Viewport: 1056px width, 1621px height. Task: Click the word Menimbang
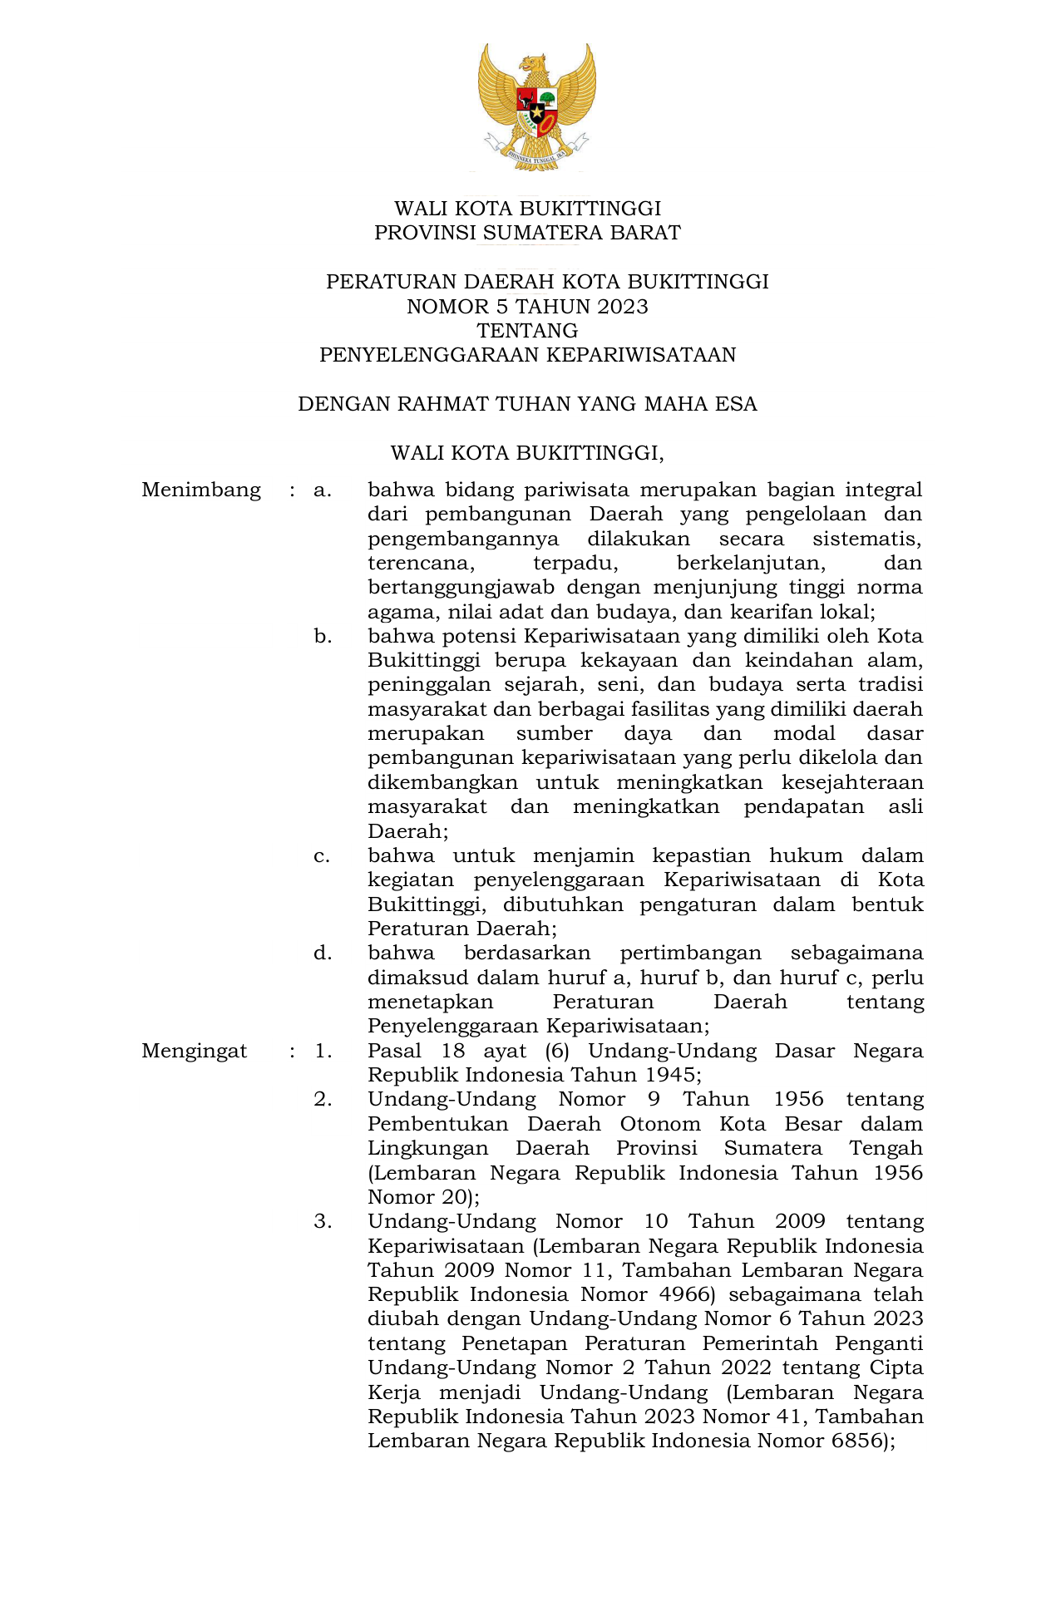coord(201,490)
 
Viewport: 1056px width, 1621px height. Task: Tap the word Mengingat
coord(194,1051)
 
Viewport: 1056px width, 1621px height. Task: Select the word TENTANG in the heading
coord(527,331)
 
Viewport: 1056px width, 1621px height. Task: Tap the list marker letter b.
coord(323,637)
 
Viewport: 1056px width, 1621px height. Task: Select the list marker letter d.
coord(323,953)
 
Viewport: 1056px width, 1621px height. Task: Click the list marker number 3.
coord(323,1221)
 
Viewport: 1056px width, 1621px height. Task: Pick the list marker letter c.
coord(322,856)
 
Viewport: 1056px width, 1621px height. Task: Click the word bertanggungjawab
coord(461,588)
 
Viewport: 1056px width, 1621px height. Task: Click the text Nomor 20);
coord(423,1197)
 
